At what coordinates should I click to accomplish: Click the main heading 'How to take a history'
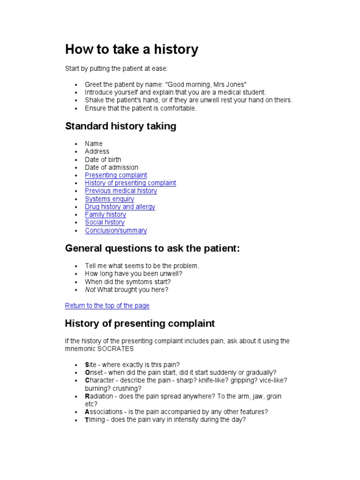(131, 50)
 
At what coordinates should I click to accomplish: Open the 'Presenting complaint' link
(116, 175)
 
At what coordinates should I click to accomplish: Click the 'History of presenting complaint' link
(130, 183)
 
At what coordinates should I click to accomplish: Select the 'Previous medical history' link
(121, 191)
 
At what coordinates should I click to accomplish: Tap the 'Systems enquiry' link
(109, 199)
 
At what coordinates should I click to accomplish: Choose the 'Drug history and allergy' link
(120, 207)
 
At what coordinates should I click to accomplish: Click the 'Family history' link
(105, 215)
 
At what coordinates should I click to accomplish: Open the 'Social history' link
(105, 222)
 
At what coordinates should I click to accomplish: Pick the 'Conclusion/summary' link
(116, 231)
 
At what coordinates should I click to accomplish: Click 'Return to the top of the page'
(107, 306)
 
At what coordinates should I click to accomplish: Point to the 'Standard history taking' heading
(120, 126)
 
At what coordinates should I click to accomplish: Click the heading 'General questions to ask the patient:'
(152, 248)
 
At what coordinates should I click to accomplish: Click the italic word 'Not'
(90, 290)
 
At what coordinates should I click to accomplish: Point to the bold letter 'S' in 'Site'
(87, 365)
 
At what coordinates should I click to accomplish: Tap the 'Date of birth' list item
(103, 159)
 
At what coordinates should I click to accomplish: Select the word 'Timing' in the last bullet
(95, 420)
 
